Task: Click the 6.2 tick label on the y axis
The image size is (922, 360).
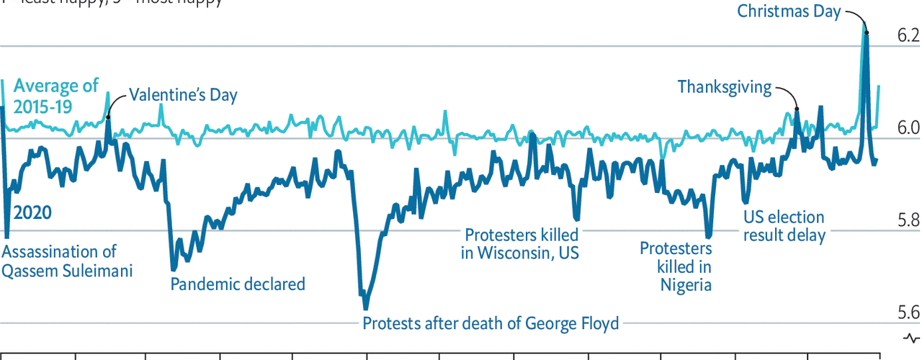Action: [x=908, y=35]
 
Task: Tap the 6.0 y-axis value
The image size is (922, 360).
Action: [x=908, y=127]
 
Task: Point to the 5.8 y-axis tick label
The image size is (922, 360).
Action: [x=908, y=220]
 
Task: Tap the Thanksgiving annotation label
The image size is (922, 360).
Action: [x=724, y=88]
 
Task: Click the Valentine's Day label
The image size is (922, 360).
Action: [x=183, y=95]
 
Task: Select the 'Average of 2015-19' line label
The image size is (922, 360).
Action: [x=56, y=96]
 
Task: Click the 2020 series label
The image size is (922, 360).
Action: [x=32, y=213]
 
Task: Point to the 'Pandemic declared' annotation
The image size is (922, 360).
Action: [x=238, y=284]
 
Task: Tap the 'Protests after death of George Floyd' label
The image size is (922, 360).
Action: [x=491, y=323]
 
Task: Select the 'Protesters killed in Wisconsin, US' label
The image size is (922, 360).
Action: [x=521, y=243]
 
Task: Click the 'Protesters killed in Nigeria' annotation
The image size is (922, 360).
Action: [x=676, y=266]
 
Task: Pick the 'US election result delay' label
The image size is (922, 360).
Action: [x=784, y=226]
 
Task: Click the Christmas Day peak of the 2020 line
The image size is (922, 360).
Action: [x=866, y=32]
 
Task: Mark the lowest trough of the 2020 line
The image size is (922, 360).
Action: [x=365, y=308]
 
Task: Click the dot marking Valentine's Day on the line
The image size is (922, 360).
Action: [x=108, y=117]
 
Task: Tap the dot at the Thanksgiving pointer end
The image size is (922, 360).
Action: [x=797, y=109]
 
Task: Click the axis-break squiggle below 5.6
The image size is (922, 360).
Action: [x=910, y=338]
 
